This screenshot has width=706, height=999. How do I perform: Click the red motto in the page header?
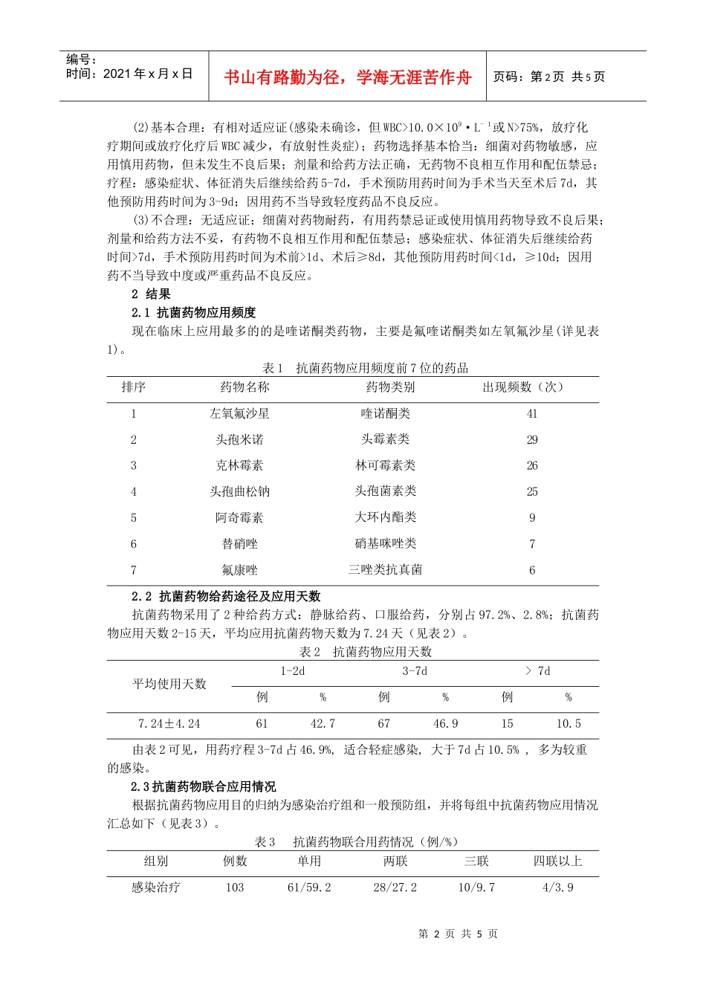click(347, 77)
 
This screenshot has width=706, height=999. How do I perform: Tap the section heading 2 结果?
click(151, 294)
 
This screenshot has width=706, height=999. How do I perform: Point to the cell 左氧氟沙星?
click(239, 414)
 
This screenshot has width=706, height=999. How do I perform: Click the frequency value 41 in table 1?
click(532, 414)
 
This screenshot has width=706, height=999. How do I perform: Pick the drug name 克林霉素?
click(239, 466)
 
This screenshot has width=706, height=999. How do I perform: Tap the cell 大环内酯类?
click(385, 517)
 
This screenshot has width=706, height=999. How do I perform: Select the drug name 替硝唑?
click(239, 544)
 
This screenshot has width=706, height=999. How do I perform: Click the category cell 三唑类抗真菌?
click(385, 570)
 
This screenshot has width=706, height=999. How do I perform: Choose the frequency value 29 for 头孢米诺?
click(532, 440)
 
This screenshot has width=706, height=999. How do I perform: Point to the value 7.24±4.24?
click(169, 724)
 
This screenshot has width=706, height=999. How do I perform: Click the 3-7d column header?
click(415, 671)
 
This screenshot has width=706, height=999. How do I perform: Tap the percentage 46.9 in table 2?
click(445, 724)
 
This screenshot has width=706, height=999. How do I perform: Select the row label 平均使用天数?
click(169, 684)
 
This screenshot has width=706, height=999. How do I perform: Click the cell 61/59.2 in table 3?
click(309, 888)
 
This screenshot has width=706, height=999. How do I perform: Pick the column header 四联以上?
click(557, 861)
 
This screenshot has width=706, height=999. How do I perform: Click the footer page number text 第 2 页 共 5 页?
click(458, 934)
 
